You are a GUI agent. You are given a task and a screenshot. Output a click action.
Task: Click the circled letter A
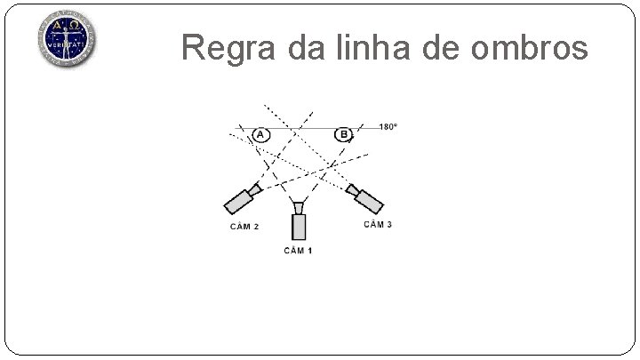pyautogui.click(x=260, y=135)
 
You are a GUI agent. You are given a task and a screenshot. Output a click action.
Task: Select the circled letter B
pyautogui.click(x=343, y=135)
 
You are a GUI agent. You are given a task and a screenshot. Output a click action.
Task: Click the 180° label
pyautogui.click(x=388, y=127)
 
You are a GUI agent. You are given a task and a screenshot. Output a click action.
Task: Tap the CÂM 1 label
pyautogui.click(x=298, y=251)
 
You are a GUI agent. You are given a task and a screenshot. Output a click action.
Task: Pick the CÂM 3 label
pyautogui.click(x=378, y=224)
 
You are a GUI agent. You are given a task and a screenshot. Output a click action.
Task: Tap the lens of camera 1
pyautogui.click(x=299, y=207)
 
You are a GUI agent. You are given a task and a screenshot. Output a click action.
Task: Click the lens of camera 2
pyautogui.click(x=255, y=188)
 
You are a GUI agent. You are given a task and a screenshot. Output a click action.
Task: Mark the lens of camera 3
pyautogui.click(x=352, y=188)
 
